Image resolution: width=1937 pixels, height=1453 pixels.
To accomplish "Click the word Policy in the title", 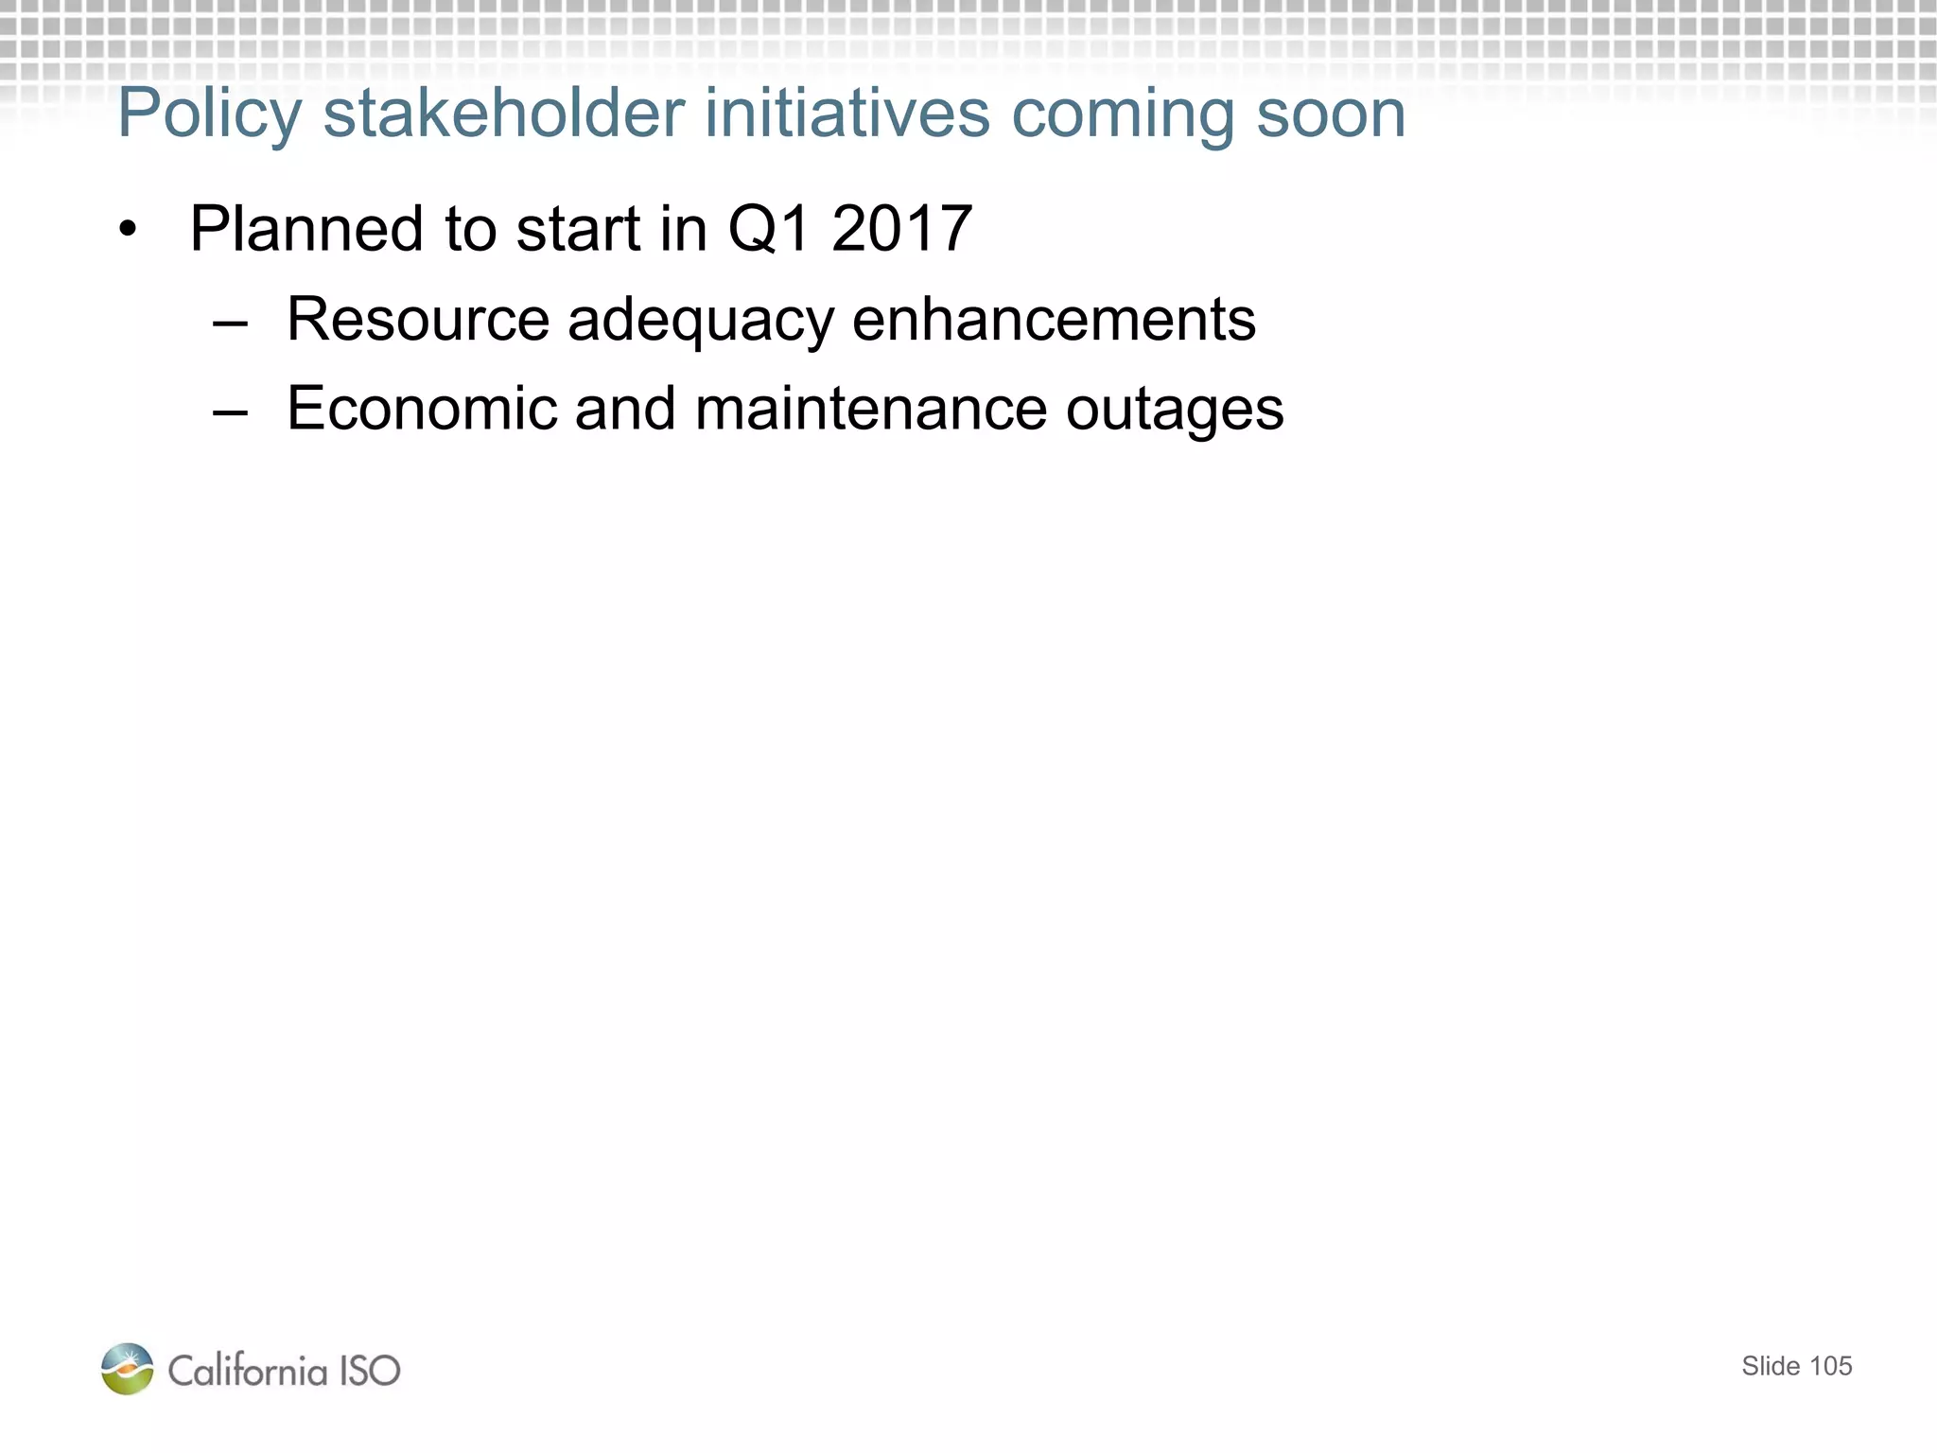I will [209, 115].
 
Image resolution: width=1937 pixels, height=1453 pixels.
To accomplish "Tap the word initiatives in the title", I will [843, 114].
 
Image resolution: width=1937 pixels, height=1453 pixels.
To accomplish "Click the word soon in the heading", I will [1331, 115].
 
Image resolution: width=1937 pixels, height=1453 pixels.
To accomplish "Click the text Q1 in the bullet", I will [769, 230].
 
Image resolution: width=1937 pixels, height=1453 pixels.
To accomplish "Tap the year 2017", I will [901, 229].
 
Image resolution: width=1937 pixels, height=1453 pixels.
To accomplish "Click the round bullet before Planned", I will [129, 230].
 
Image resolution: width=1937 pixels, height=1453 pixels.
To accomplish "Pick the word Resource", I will [418, 320].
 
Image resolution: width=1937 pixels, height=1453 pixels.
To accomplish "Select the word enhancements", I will [1054, 320].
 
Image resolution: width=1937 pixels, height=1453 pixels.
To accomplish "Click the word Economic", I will [422, 409].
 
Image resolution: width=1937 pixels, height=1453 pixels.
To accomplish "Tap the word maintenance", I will [870, 409].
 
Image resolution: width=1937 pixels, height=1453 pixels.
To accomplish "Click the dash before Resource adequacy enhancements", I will [231, 322].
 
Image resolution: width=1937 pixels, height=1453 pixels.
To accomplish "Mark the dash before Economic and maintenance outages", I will [231, 411].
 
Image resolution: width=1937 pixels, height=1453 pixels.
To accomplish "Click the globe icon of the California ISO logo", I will [128, 1368].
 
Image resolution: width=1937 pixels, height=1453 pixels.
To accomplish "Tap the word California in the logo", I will [248, 1370].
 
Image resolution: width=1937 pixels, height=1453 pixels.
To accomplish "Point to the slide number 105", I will [1830, 1366].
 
